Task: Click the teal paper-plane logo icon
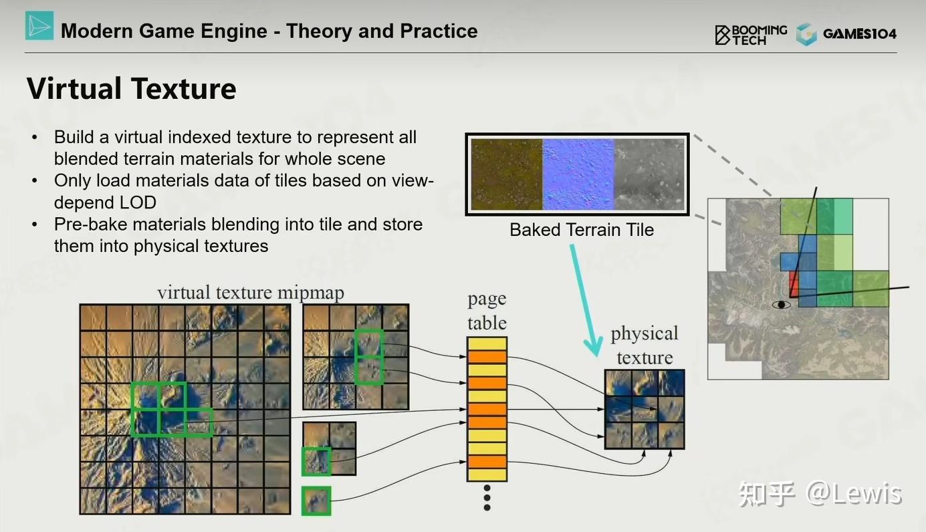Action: (39, 25)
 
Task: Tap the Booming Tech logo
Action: (751, 35)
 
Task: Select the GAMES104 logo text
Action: (859, 33)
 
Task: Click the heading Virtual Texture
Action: (132, 88)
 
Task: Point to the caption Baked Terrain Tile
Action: (582, 230)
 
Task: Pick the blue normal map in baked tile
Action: (578, 174)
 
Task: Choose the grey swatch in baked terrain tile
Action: (649, 174)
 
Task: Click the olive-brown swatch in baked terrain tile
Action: (507, 174)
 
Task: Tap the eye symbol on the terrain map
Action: (782, 305)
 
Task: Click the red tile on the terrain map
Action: (794, 283)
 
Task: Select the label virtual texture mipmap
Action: (251, 293)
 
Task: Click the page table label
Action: (487, 310)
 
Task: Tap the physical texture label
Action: (645, 345)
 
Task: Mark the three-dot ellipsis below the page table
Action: (487, 498)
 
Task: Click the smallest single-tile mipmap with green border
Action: (316, 501)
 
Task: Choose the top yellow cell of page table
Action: (487, 344)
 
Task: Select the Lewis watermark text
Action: (866, 493)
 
